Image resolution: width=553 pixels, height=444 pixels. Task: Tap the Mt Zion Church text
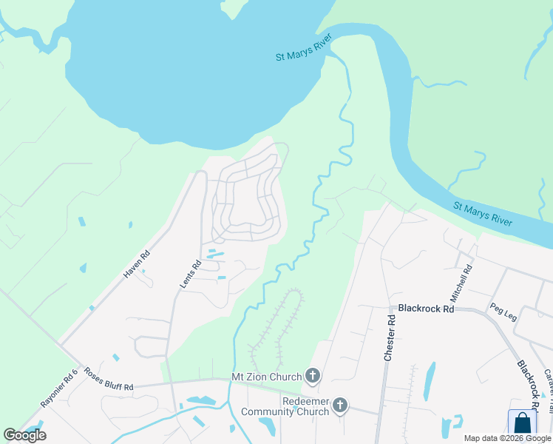[x=267, y=377]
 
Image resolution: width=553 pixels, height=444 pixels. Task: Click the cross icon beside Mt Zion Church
[x=312, y=377]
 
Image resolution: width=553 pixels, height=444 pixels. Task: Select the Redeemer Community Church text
[x=294, y=406]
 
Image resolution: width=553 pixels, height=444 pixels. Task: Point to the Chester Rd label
[x=390, y=337]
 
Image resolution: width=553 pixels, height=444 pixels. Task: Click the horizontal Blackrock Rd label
[x=425, y=309]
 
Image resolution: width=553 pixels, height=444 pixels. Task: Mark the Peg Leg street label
[x=503, y=312]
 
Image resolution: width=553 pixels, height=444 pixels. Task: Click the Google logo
[x=25, y=435]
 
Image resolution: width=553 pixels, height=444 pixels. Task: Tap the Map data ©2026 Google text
[x=507, y=438]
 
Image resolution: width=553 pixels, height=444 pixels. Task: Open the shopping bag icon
[x=522, y=423]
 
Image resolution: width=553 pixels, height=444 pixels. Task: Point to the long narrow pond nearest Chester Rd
[x=430, y=380]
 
